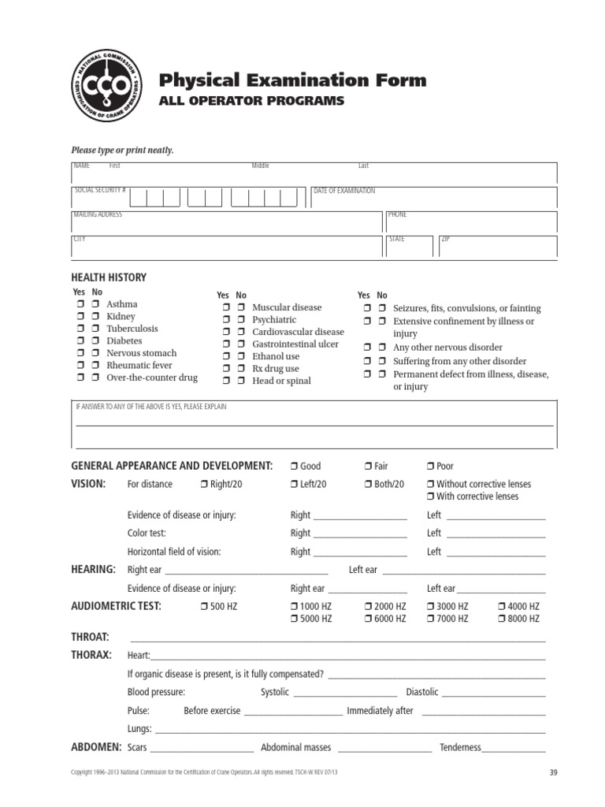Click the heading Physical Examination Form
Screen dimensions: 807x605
[x=292, y=80]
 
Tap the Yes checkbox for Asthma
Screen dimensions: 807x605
[x=80, y=304]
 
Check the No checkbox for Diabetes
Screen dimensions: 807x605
[x=95, y=341]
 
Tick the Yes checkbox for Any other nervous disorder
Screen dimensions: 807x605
[x=367, y=348]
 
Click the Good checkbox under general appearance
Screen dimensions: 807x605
[x=293, y=467]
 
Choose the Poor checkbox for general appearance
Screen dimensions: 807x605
[x=430, y=467]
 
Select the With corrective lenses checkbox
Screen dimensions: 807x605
[x=430, y=496]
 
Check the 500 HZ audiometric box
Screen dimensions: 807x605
[x=204, y=607]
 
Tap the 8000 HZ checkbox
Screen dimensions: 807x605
[x=501, y=619]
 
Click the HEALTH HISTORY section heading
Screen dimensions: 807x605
[x=109, y=277]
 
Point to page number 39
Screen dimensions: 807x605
[x=552, y=773]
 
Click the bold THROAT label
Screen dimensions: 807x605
[x=91, y=637]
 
